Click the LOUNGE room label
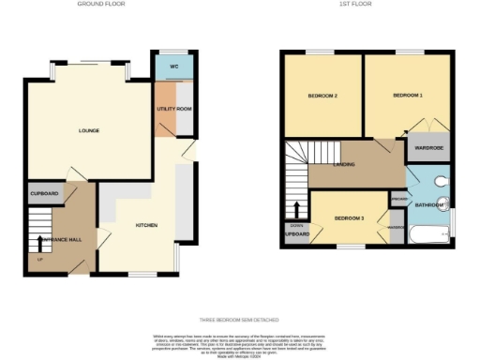click(x=89, y=130)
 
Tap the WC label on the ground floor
click(x=174, y=67)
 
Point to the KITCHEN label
click(x=146, y=226)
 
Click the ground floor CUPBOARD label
click(x=44, y=194)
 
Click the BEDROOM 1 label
click(x=408, y=96)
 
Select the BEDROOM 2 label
click(x=322, y=96)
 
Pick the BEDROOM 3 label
click(x=349, y=218)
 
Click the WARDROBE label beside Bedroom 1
click(x=428, y=147)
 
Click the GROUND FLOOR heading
click(x=101, y=5)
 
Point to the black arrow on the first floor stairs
click(x=298, y=210)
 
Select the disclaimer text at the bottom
click(x=240, y=342)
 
